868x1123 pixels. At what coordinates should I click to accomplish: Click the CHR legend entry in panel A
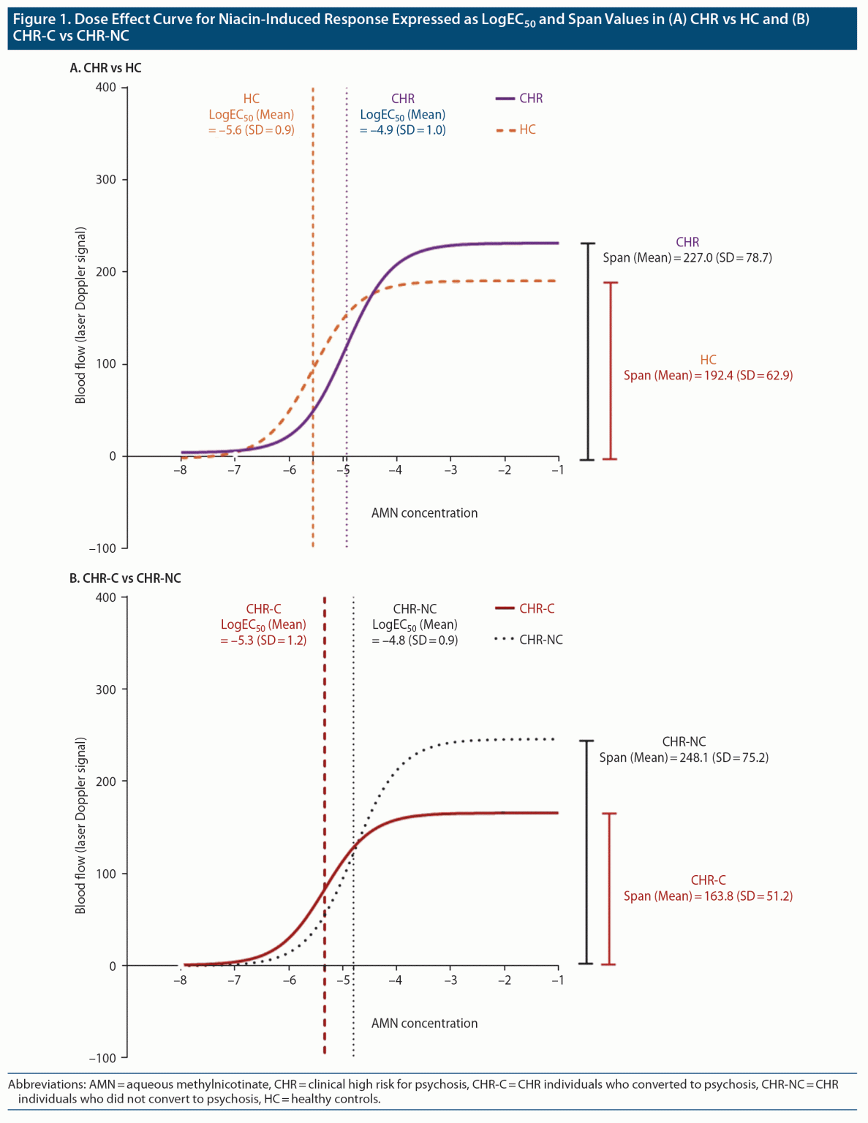tap(520, 99)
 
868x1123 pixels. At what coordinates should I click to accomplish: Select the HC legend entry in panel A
tap(517, 130)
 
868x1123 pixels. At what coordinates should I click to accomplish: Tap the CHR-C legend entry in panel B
tap(526, 609)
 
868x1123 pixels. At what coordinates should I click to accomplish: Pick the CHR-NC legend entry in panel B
tap(529, 640)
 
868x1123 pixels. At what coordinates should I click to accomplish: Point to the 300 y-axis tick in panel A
tap(107, 180)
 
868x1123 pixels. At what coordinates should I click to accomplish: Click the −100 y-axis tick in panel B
tap(103, 1058)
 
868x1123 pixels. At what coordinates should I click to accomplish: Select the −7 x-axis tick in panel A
tap(233, 470)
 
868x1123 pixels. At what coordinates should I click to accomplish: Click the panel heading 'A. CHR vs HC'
tap(105, 68)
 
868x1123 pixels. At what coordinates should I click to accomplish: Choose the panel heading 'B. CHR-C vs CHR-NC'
tap(125, 578)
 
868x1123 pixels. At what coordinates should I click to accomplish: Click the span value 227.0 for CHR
tap(687, 258)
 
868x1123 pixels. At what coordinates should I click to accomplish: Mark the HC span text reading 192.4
tap(708, 376)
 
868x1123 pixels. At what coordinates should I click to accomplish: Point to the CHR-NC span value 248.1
tap(684, 758)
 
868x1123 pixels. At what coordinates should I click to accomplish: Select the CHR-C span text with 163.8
tap(708, 896)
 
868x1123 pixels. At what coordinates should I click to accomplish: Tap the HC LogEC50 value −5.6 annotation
tap(252, 130)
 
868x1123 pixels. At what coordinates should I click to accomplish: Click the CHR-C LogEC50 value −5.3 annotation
tap(263, 640)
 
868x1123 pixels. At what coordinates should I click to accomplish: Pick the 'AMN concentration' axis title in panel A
tap(424, 513)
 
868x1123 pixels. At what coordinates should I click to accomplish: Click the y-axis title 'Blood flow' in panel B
tap(80, 826)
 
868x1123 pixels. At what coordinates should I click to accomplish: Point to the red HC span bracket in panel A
tap(611, 371)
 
